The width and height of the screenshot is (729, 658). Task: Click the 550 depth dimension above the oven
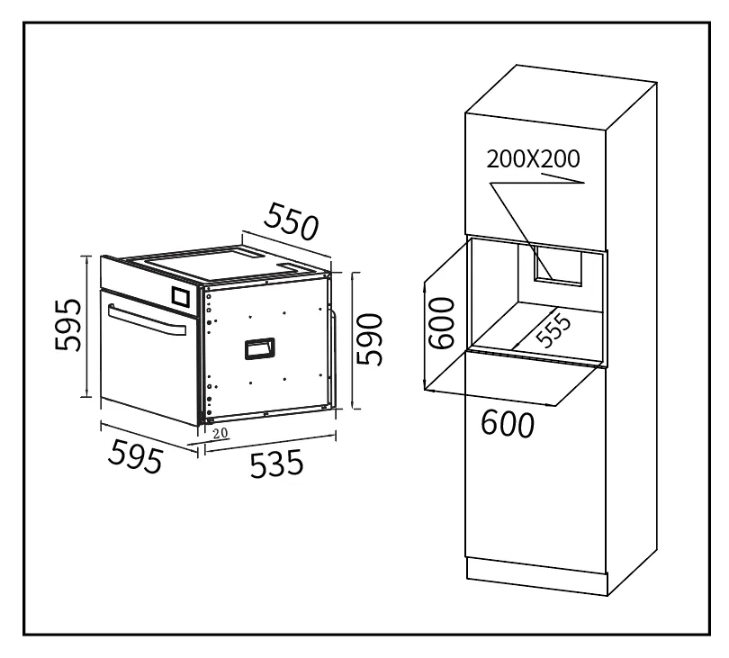pos(292,221)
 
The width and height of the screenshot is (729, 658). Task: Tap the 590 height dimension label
pos(370,339)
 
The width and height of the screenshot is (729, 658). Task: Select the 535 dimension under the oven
pos(276,464)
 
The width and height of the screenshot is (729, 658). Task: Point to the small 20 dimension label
pos(220,433)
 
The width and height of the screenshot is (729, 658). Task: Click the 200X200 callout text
pos(534,159)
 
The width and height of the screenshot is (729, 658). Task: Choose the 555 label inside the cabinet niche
pos(553,330)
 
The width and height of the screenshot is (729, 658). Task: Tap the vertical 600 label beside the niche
pos(441,323)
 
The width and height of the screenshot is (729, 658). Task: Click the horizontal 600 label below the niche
pos(508,424)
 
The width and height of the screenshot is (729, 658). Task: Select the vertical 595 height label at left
pos(67,325)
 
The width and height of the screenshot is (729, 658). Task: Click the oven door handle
pos(147,320)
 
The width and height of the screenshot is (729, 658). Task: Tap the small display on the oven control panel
pos(181,296)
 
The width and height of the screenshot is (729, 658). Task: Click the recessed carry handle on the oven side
pos(260,348)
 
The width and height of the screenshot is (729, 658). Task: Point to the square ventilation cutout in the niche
pos(557,266)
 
